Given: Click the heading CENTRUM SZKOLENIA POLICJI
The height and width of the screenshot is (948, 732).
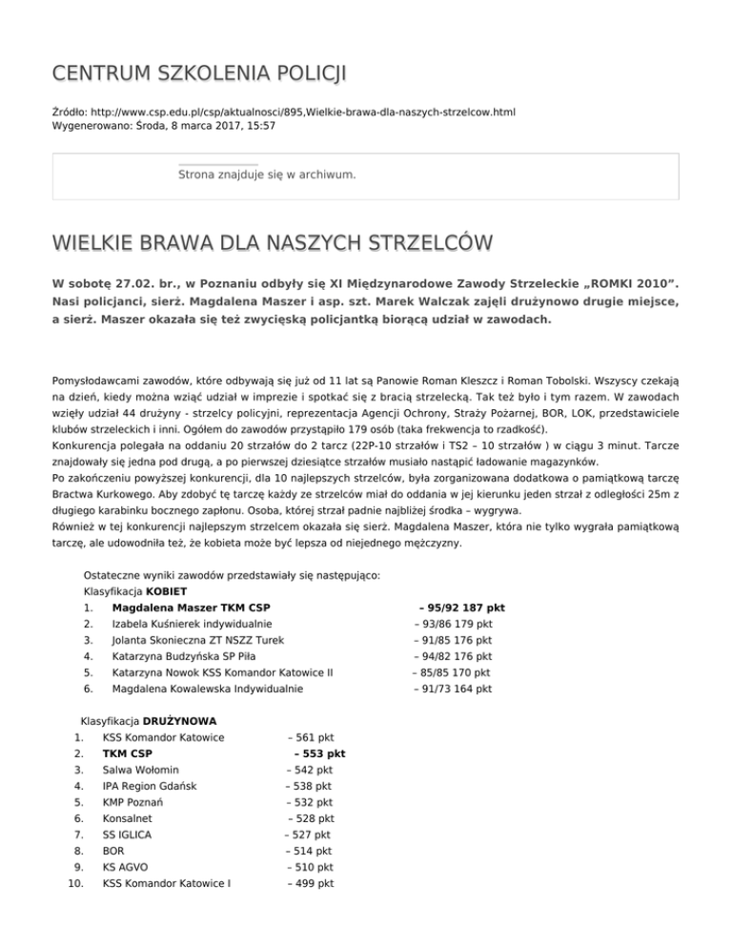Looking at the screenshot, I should (x=187, y=74).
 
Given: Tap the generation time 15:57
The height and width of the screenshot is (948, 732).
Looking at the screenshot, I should (x=261, y=125).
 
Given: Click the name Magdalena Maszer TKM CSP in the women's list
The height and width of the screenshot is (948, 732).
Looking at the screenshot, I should (x=191, y=608).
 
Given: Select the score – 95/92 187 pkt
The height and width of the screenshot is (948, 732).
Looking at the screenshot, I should (x=461, y=608).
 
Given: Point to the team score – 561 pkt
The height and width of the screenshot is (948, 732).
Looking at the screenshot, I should (x=311, y=737).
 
